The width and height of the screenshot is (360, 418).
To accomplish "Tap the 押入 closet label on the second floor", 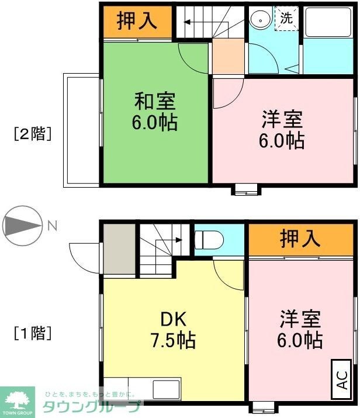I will click(x=137, y=21).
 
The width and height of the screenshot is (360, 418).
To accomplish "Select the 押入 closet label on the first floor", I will click(x=300, y=239).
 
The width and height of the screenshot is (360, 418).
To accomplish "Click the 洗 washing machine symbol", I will click(x=286, y=18).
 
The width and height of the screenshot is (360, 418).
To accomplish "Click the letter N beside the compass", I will click(x=53, y=224).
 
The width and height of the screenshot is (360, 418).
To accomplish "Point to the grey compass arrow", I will click(x=22, y=224).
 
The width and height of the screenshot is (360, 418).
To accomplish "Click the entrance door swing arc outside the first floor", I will click(x=85, y=257).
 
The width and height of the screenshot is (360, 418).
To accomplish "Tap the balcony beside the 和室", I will click(x=81, y=130).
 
